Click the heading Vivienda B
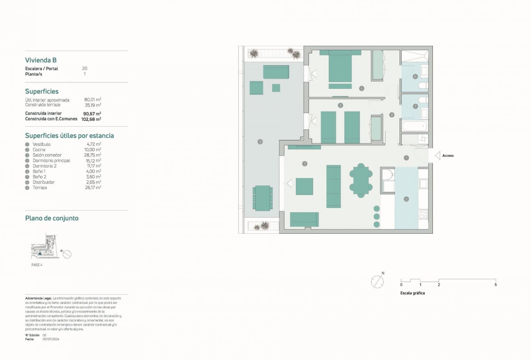[41, 60]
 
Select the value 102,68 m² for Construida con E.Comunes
[91, 119]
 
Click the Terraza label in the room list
[40, 188]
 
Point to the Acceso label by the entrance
[448, 155]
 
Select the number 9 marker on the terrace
[260, 142]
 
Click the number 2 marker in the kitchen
[406, 199]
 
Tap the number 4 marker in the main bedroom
[362, 88]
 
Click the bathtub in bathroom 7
[414, 126]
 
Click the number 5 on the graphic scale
[495, 285]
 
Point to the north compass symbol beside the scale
[377, 282]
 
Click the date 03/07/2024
[51, 339]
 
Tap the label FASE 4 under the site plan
[37, 265]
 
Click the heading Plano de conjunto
[51, 218]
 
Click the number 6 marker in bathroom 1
[415, 76]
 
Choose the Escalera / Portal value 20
[84, 68]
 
